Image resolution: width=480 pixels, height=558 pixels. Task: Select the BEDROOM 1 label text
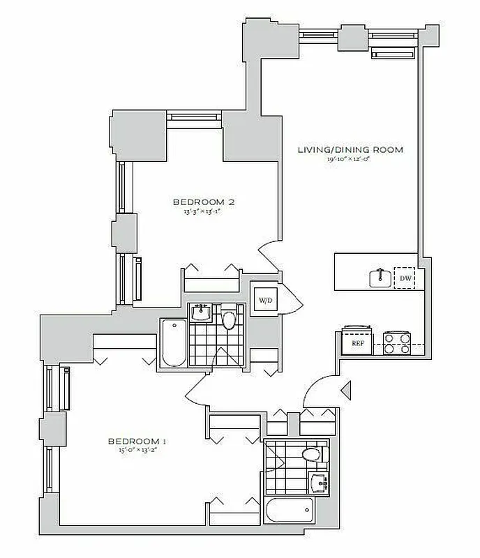(135, 441)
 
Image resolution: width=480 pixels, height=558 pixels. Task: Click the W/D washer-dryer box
(265, 301)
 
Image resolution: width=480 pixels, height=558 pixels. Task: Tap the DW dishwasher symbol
(404, 279)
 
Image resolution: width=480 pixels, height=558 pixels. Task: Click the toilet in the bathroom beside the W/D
(230, 320)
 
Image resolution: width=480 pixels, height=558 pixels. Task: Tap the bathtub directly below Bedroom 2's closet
(172, 342)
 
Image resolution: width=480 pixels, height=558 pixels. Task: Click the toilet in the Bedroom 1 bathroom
(312, 455)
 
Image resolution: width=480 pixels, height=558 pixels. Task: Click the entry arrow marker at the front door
(345, 389)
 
